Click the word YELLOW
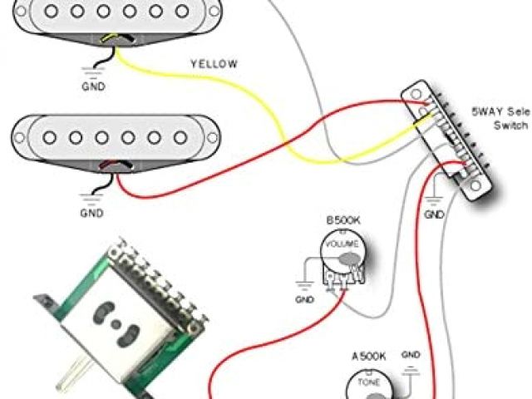point(214,64)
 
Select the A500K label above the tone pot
point(368,356)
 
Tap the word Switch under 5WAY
point(511,125)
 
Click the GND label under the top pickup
point(94,85)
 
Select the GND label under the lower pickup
point(92,214)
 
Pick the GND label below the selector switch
point(434,214)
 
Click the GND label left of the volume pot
point(304,299)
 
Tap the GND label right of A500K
point(411,355)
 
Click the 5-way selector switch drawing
point(453,141)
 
